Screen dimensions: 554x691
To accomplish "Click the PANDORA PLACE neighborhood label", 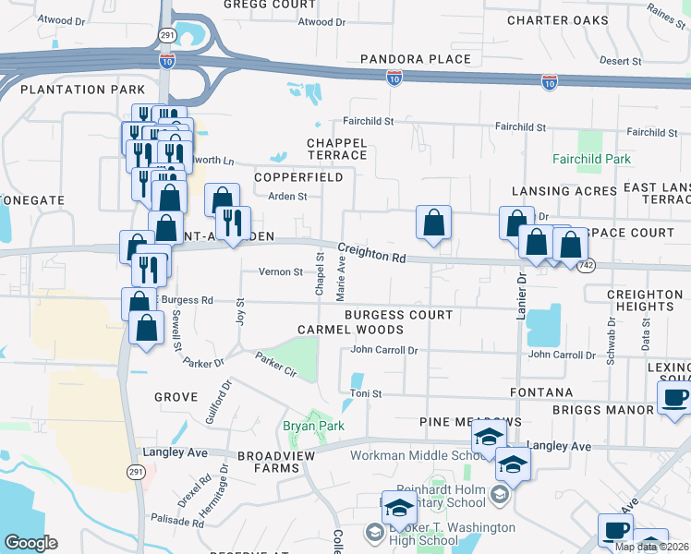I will [x=416, y=59].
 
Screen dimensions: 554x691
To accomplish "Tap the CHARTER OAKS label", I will [x=557, y=19].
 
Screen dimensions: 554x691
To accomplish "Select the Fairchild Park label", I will [x=592, y=160].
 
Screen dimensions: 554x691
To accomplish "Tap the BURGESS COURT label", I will [x=398, y=315].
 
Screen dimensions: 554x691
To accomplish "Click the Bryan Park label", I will [x=313, y=426].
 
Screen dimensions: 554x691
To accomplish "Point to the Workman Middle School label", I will [x=415, y=455].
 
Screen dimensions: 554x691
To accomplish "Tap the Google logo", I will [x=30, y=543].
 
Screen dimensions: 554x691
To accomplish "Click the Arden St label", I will [x=287, y=197].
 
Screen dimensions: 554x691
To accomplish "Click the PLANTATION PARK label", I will [x=82, y=90].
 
